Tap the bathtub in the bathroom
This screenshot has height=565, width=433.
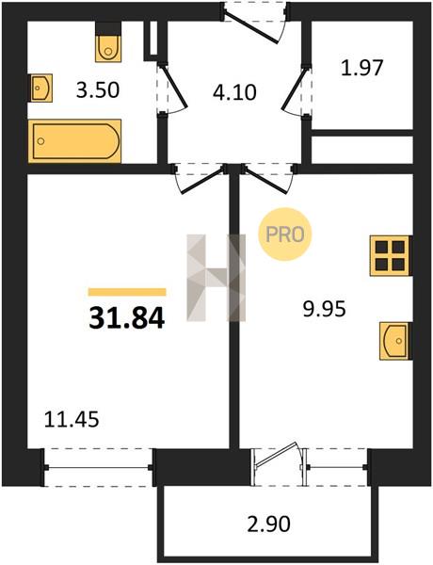(74, 141)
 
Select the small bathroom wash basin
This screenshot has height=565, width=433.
(40, 88)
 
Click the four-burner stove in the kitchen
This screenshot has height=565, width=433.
(391, 256)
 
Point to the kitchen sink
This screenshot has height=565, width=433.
(395, 341)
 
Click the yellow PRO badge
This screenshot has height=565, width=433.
(284, 234)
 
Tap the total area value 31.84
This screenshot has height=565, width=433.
(127, 318)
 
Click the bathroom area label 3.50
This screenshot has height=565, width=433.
(98, 90)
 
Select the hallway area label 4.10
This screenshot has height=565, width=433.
(234, 92)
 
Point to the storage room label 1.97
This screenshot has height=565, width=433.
(361, 68)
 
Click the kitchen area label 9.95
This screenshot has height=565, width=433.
(324, 309)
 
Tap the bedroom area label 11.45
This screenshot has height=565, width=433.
(72, 420)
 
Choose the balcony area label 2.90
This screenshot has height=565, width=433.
(268, 525)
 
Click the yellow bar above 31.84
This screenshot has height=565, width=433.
(127, 292)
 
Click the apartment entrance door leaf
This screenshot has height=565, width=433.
(251, 26)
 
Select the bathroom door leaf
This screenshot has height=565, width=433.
(174, 87)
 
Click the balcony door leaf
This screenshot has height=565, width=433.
(277, 455)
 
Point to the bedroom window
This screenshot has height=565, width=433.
(98, 468)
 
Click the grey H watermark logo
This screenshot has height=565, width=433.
(216, 278)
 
